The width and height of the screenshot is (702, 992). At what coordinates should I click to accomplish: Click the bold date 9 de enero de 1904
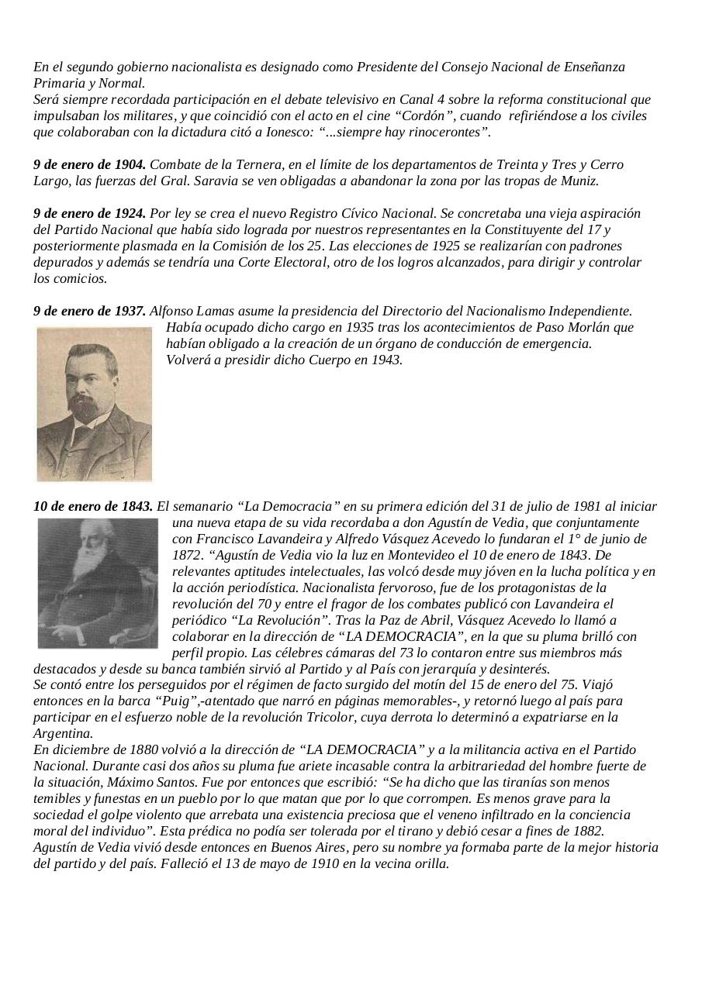click(x=89, y=165)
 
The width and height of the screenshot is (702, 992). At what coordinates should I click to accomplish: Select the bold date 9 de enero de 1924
click(x=89, y=213)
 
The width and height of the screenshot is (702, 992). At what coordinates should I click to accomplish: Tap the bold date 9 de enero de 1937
click(x=89, y=311)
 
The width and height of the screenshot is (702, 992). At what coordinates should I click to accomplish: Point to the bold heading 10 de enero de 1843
click(x=93, y=507)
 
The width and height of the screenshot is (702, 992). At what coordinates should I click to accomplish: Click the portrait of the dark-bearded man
click(x=95, y=403)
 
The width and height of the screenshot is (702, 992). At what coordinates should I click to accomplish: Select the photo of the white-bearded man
click(x=97, y=583)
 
